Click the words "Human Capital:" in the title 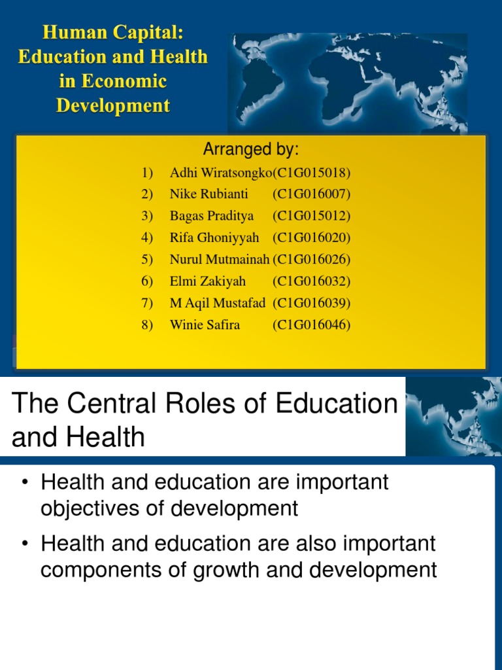(112, 32)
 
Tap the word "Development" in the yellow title (112, 105)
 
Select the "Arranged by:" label (250, 150)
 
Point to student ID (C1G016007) (311, 194)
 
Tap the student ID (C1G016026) (311, 259)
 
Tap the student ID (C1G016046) (311, 325)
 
